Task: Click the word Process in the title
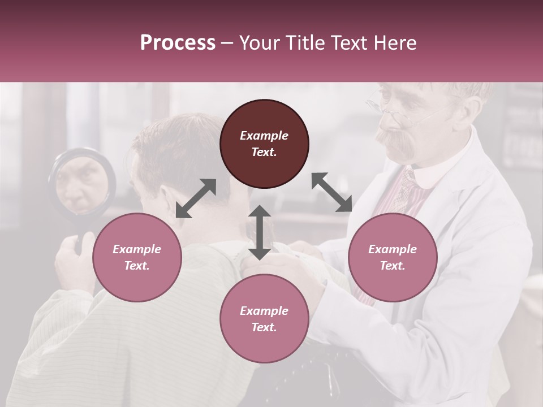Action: tap(178, 43)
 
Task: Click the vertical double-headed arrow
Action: tap(260, 232)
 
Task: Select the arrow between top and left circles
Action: tap(196, 198)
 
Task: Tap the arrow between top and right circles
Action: tap(331, 192)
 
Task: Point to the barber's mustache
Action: tap(396, 141)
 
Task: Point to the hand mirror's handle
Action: tap(85, 237)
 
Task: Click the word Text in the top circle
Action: tap(264, 152)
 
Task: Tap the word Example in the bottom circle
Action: tap(264, 310)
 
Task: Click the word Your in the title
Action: tap(260, 43)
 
